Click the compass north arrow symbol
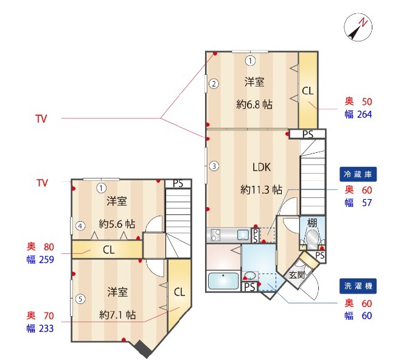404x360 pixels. (x=358, y=27)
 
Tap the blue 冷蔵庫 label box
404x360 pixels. (x=358, y=174)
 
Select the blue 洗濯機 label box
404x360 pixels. (x=358, y=286)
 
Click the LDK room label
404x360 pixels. (x=262, y=168)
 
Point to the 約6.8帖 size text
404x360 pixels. (x=254, y=104)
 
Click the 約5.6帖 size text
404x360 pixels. (x=117, y=224)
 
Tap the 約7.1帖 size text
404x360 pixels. (x=117, y=314)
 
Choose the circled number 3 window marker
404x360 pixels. (x=214, y=166)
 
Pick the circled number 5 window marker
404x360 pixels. (x=80, y=299)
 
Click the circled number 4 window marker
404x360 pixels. (x=80, y=226)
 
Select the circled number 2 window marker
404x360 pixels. (x=214, y=84)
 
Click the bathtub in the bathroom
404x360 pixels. (x=223, y=280)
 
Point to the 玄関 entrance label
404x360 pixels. (x=297, y=275)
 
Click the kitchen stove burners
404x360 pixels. (x=215, y=235)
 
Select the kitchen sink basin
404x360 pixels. (x=243, y=235)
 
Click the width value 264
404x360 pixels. (x=364, y=115)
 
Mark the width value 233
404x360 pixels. (x=46, y=328)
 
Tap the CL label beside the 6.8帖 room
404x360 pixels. (x=308, y=91)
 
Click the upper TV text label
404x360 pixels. (x=41, y=119)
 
